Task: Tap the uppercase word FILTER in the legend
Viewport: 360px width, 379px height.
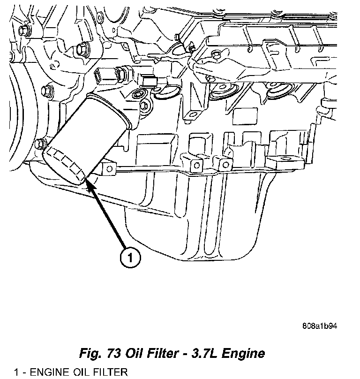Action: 108,372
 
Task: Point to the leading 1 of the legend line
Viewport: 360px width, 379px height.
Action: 16,372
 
